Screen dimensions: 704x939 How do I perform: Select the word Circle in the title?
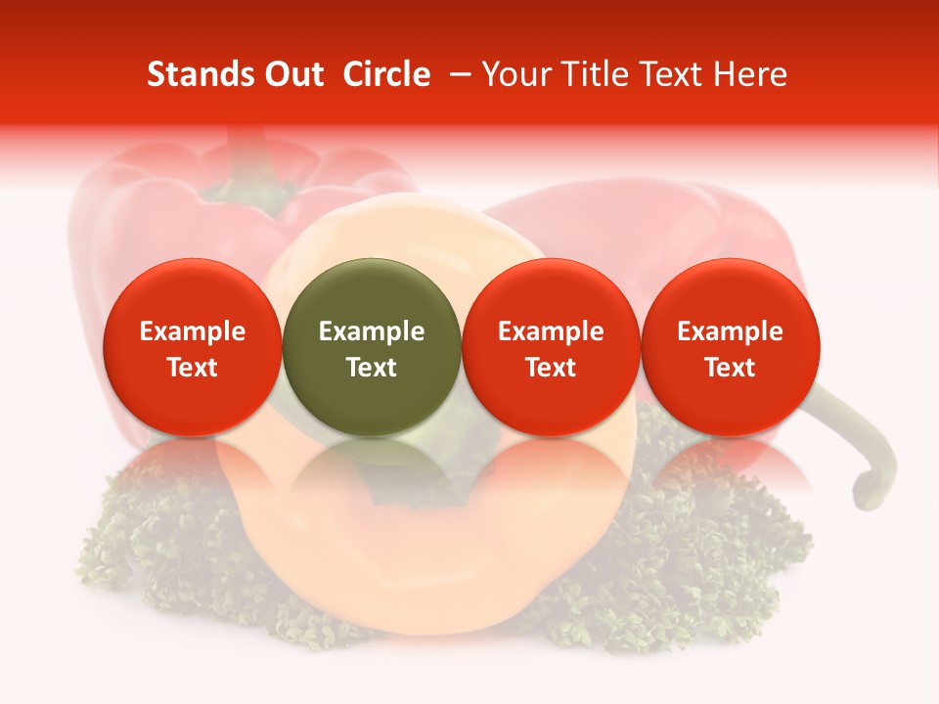pos(386,74)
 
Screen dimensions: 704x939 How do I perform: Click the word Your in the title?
pos(514,74)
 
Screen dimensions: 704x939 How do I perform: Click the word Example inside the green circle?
pos(371,331)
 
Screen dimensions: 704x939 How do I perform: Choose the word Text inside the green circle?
pos(371,368)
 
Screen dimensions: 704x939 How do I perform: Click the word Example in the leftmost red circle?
pos(192,331)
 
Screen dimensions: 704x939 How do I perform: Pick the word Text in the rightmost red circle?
pos(730,368)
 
